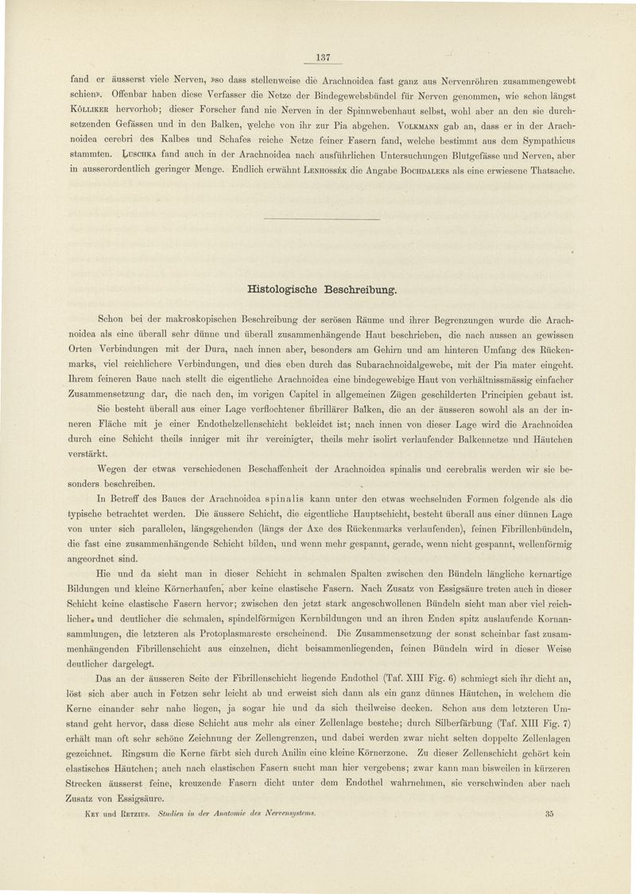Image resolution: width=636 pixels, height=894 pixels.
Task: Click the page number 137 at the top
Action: [323, 56]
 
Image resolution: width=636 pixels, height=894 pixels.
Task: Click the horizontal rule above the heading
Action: [320, 218]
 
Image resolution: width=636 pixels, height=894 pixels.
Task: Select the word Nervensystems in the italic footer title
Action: [283, 814]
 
